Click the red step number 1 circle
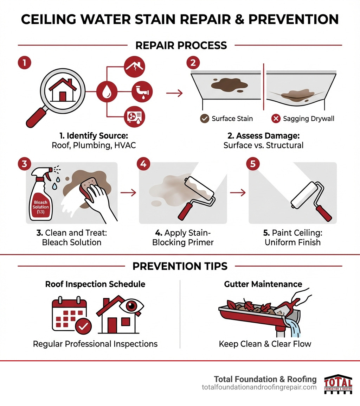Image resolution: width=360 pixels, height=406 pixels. (x=24, y=63)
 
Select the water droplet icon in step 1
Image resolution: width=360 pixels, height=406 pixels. (x=106, y=92)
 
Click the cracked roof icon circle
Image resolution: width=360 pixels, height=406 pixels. (x=135, y=67)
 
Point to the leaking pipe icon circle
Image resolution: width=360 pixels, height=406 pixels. (x=135, y=92)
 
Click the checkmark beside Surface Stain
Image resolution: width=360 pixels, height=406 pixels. (x=204, y=119)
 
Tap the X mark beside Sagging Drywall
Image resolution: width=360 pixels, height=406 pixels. (x=276, y=119)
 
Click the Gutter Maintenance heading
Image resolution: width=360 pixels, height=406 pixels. (x=263, y=284)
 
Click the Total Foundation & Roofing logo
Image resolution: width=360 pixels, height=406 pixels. (x=338, y=384)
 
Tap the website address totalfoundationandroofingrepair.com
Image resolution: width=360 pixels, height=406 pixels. (x=259, y=387)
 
